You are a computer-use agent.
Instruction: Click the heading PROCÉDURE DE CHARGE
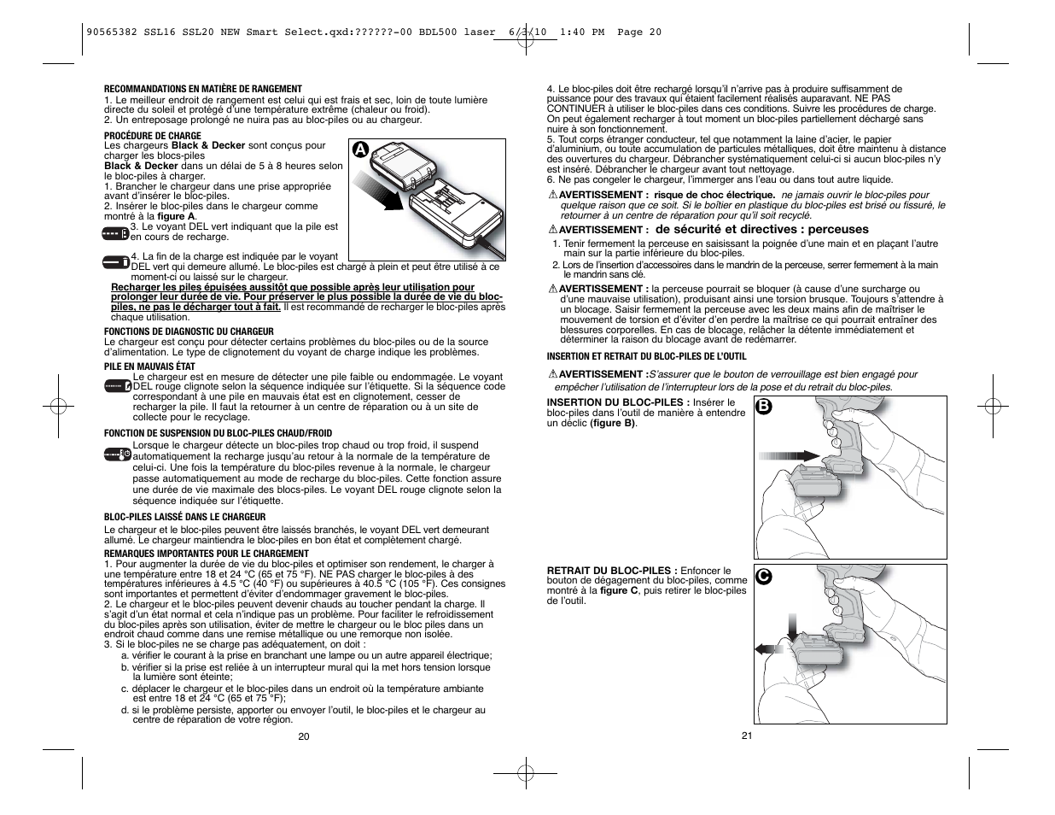(x=153, y=136)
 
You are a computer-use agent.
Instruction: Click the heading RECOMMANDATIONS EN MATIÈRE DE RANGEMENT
(x=203, y=89)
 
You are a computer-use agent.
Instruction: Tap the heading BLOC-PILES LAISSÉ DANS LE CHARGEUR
(x=185, y=517)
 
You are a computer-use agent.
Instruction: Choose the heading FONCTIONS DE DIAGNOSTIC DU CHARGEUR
(x=189, y=331)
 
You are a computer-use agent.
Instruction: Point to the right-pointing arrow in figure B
(x=789, y=456)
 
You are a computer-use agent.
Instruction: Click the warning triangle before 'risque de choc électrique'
(x=552, y=195)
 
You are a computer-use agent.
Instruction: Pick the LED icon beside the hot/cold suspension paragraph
(x=117, y=454)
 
